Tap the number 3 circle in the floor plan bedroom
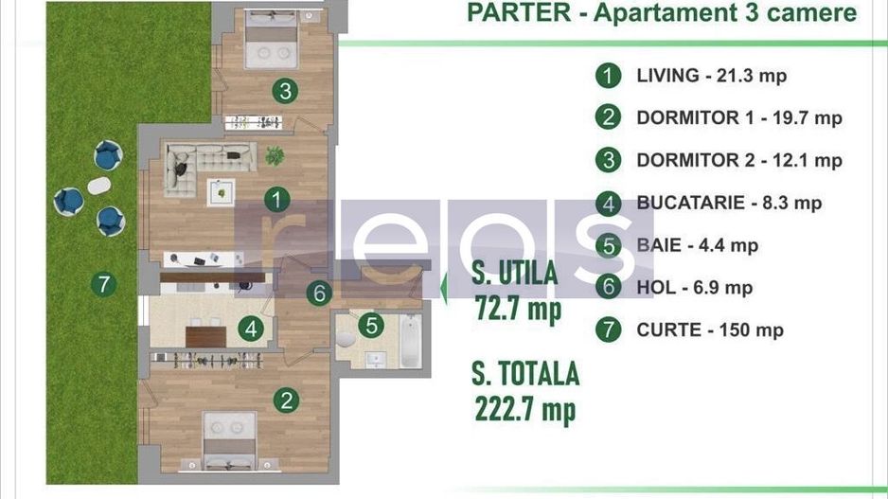click(x=284, y=92)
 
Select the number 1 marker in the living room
click(x=275, y=200)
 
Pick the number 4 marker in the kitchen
click(x=251, y=330)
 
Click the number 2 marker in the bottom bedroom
click(x=288, y=401)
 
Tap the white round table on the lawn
click(x=98, y=186)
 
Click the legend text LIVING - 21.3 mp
click(x=711, y=76)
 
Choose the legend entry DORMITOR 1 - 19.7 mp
click(x=738, y=118)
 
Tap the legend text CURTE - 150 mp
click(x=710, y=330)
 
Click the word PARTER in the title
click(x=518, y=13)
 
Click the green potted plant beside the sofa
click(x=275, y=154)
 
